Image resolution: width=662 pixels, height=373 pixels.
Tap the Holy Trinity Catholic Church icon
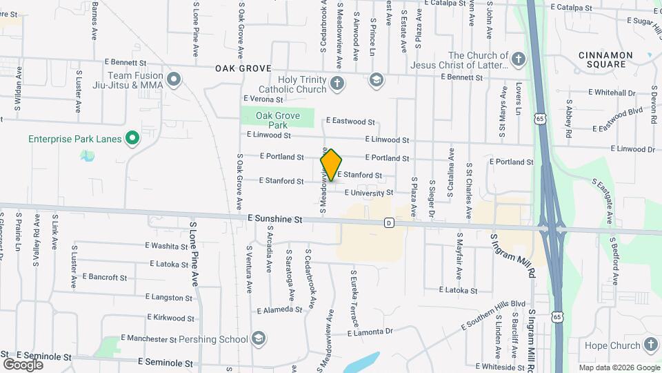click(x=337, y=84)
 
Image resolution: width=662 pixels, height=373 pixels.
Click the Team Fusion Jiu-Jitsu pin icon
click(x=174, y=79)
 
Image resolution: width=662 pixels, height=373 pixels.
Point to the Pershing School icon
click(x=258, y=338)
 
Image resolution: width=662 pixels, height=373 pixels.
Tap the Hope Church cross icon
click(x=651, y=345)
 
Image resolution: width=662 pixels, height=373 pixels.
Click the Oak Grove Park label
click(x=277, y=120)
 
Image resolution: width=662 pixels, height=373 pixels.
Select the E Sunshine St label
click(x=275, y=219)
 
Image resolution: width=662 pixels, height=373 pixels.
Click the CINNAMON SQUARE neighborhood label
click(x=605, y=59)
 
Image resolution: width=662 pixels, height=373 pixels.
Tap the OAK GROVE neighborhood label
click(x=243, y=68)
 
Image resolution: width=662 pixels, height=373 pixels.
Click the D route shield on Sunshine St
click(x=389, y=222)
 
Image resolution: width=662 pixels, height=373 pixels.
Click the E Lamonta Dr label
click(x=370, y=332)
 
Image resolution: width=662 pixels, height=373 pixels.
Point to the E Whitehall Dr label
click(x=611, y=92)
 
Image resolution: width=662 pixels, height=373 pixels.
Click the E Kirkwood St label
click(x=170, y=318)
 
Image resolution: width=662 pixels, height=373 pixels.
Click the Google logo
click(x=23, y=364)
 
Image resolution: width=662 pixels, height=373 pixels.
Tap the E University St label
click(x=368, y=193)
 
